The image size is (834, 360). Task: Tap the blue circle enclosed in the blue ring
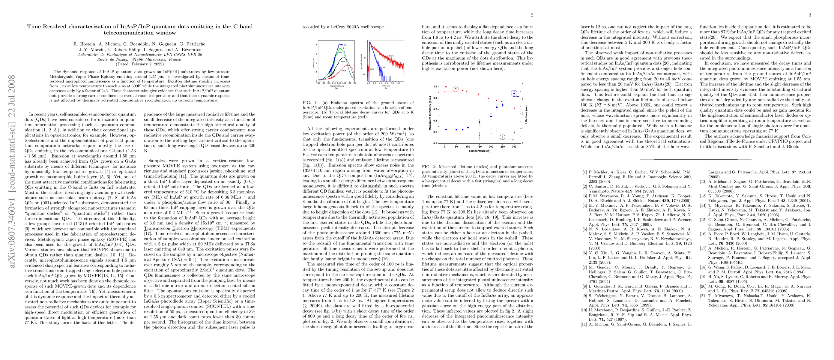coord(514,94)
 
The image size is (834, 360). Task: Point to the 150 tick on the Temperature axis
coord(480,147)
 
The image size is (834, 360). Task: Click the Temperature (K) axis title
coord(479,151)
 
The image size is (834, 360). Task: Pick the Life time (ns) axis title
coord(526,114)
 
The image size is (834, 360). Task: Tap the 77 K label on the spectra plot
coord(341,52)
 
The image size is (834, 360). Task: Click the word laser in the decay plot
coord(372,69)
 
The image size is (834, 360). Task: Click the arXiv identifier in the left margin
coord(12,171)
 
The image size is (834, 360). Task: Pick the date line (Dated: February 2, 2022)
coord(139,64)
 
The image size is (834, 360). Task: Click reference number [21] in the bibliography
coord(703,296)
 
